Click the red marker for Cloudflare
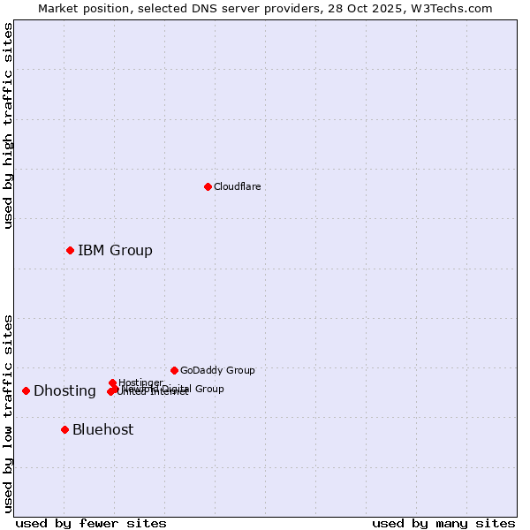[208, 186]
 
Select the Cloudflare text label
[237, 186]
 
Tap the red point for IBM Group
[70, 250]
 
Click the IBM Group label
[115, 251]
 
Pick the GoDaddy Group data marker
[174, 370]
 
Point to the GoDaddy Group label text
[217, 370]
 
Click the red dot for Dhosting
[26, 390]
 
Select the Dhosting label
[64, 391]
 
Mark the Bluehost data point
[64, 429]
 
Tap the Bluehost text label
[102, 430]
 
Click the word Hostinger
[141, 382]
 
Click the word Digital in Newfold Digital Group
[178, 389]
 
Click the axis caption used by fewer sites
[91, 523]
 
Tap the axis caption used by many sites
[443, 523]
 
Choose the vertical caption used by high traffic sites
[9, 126]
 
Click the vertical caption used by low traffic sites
[9, 413]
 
